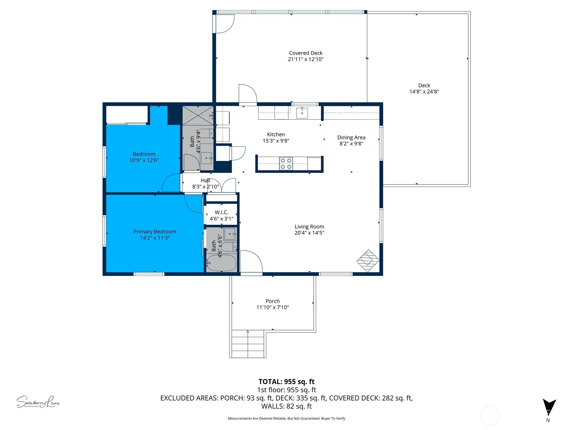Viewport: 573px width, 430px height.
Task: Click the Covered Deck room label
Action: tap(305, 53)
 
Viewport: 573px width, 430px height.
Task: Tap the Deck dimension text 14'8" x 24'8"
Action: tap(424, 92)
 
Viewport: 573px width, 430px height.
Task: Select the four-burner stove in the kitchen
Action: tap(286, 163)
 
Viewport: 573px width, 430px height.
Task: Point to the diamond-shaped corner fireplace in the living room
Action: tap(367, 261)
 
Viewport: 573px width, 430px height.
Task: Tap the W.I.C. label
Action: tap(221, 212)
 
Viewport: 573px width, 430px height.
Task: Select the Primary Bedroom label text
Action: tap(155, 232)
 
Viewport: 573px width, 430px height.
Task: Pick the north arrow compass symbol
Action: tap(549, 408)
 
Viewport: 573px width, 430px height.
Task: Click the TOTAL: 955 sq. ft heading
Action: tap(286, 382)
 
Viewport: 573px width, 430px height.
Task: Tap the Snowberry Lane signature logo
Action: tap(38, 402)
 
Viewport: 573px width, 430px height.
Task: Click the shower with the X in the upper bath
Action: tap(198, 115)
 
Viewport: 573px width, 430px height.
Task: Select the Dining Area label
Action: tap(351, 138)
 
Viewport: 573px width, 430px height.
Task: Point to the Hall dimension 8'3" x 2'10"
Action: tap(205, 187)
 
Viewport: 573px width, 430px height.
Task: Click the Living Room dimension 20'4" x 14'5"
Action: tap(309, 233)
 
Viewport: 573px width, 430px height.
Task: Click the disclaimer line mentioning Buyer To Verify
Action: tap(286, 418)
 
